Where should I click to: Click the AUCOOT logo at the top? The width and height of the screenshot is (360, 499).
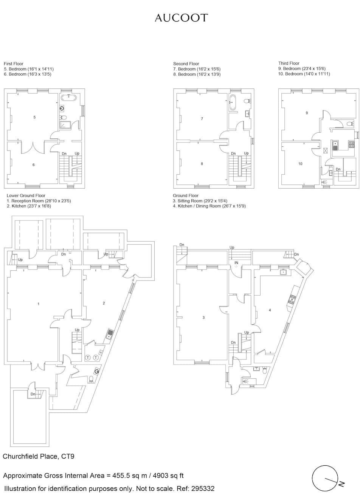coord(182,18)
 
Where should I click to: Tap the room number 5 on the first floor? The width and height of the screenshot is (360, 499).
coord(34,117)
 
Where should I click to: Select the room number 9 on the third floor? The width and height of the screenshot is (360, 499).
coord(307,113)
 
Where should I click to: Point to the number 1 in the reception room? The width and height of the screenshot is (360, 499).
coord(39,304)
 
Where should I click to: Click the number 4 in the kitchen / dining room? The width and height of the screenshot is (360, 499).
coord(270,310)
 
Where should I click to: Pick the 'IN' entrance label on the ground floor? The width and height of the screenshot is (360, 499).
coord(236,263)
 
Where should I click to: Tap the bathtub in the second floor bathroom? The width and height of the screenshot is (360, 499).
coord(232,102)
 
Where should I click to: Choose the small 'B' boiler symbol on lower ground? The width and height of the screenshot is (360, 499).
coord(101,352)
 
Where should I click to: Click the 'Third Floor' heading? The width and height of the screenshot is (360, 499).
coord(289,63)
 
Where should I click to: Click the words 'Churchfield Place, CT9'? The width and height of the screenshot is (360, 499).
coord(38,456)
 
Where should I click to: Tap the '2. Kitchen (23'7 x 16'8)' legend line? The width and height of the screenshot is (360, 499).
coord(29,206)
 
